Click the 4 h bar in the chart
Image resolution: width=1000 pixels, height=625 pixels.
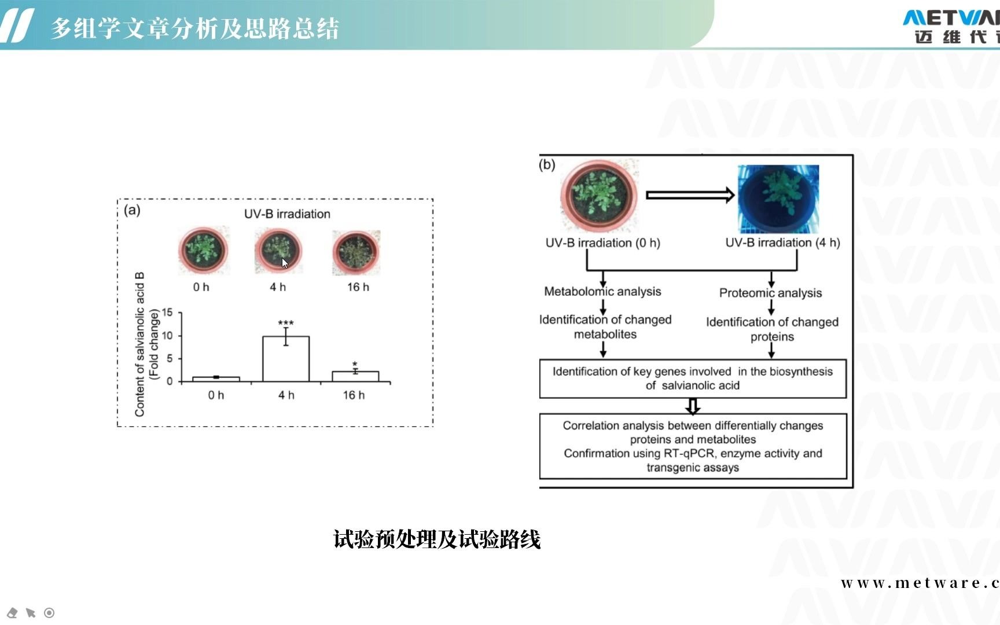286,359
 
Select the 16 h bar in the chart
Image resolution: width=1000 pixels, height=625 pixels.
355,376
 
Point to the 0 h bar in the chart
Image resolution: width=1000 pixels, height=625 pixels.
216,379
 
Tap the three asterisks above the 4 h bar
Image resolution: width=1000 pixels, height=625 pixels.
286,323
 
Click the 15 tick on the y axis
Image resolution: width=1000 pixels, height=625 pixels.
167,312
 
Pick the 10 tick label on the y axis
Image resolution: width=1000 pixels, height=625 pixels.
167,336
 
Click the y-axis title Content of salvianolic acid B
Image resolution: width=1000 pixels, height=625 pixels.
139,344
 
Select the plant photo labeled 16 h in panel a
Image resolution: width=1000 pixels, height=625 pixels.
356,252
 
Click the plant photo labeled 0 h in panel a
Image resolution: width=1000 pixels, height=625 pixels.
203,251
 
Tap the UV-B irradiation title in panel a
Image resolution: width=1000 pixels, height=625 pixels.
287,214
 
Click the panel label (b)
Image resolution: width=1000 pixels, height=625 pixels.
547,165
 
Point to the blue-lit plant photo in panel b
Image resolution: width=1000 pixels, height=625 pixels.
778,198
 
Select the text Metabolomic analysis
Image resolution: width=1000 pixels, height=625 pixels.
602,292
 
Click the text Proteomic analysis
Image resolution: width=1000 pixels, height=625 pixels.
770,293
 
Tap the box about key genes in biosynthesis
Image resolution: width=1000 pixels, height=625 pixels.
693,378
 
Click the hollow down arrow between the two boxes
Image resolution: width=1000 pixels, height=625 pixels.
693,406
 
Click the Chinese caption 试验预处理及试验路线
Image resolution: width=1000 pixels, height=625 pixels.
437,539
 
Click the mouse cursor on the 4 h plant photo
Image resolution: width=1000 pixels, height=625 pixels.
285,263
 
